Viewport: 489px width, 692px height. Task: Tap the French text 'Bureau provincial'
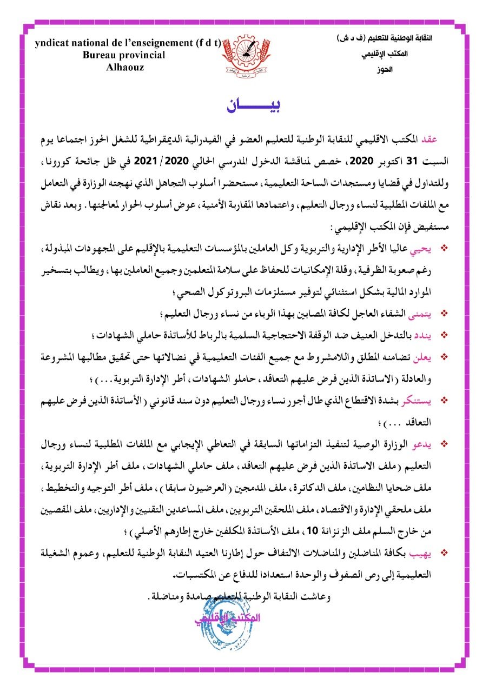124,55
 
